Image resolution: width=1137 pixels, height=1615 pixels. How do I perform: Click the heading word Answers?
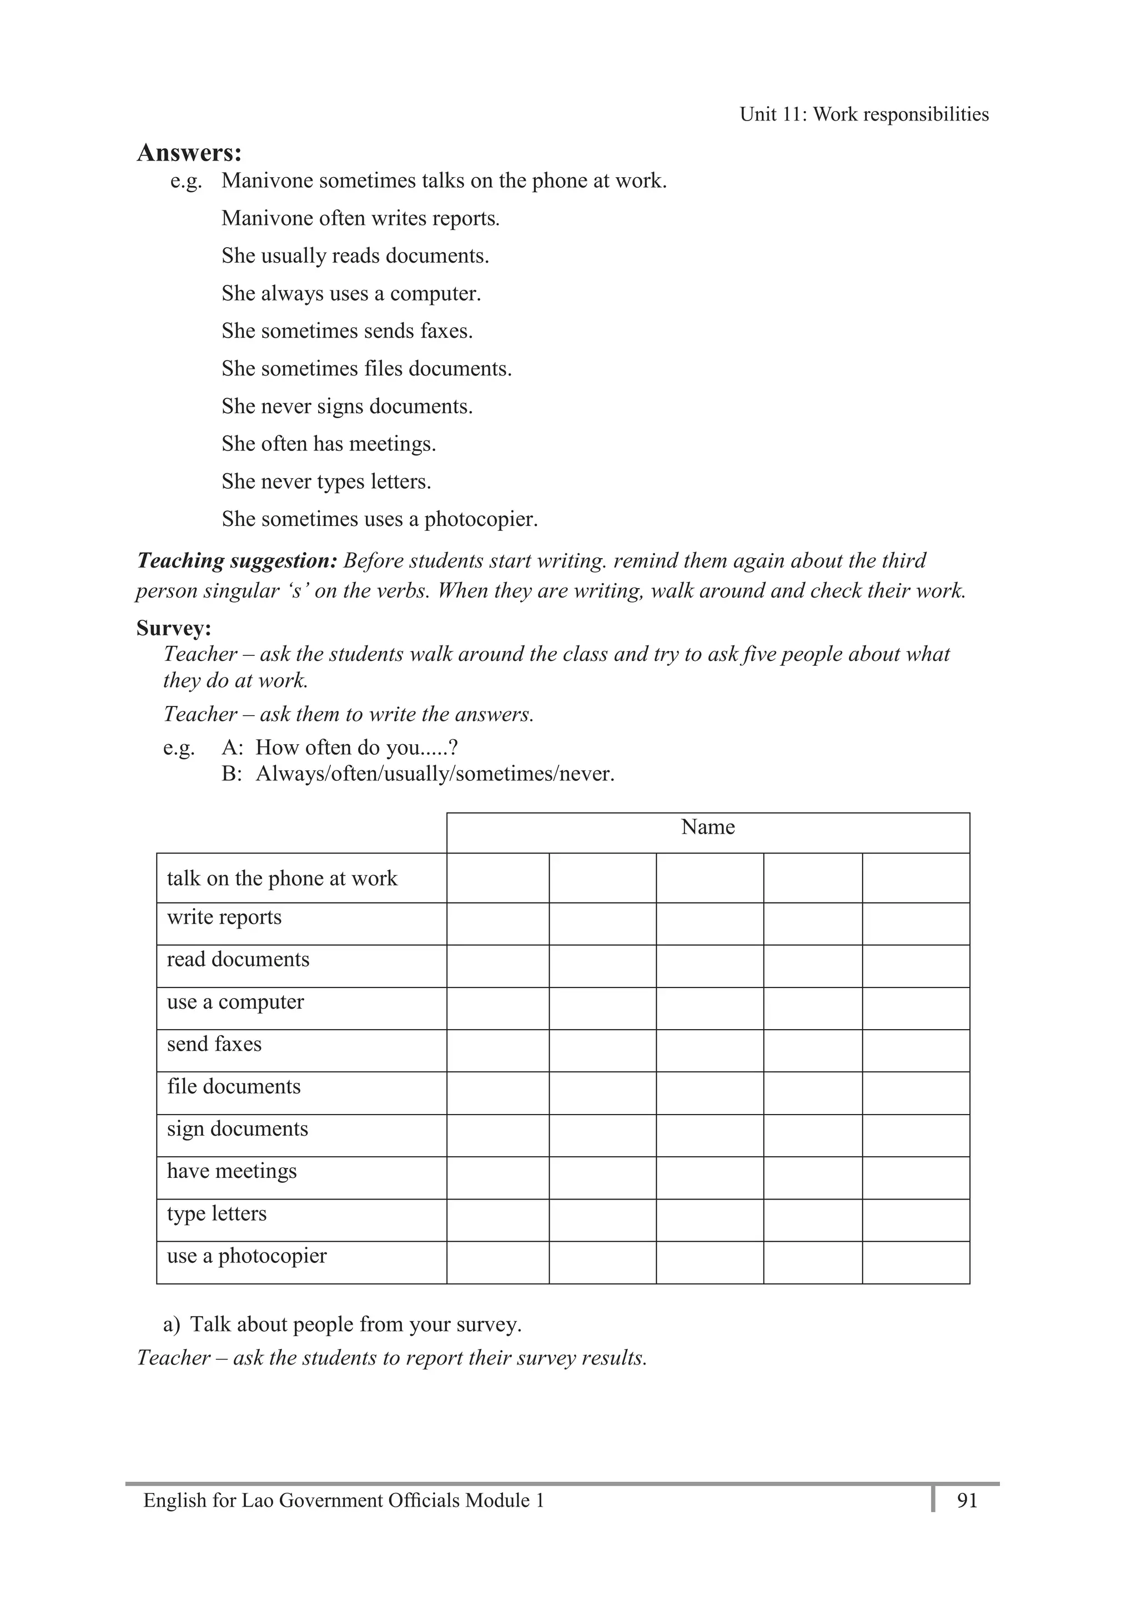tap(188, 153)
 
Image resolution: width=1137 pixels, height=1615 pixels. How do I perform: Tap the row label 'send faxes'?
tap(214, 1044)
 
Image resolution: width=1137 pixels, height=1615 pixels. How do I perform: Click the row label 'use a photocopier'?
tap(247, 1256)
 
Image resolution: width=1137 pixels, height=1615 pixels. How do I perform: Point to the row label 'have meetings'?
tap(232, 1171)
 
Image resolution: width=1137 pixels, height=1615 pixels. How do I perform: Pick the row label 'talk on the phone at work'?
tap(282, 878)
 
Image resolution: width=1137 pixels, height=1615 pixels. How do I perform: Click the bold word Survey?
tap(173, 628)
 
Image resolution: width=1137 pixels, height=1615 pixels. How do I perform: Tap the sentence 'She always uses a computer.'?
tap(351, 293)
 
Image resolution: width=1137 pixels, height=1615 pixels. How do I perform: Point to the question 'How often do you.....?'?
tap(356, 747)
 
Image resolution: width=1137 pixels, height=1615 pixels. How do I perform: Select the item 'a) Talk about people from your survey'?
tap(343, 1324)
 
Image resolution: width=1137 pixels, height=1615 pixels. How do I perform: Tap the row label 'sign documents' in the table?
tap(237, 1129)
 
